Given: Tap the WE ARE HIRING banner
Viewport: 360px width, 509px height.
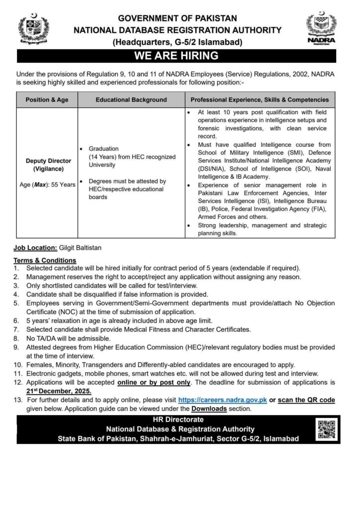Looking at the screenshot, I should (x=180, y=56).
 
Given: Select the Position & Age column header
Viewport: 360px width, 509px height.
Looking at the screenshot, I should (x=47, y=99).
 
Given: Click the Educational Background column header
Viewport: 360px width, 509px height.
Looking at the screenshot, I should (x=131, y=99).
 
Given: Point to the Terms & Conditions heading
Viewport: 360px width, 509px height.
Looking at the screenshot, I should (x=45, y=260).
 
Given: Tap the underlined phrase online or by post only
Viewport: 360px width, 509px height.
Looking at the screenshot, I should (x=154, y=383).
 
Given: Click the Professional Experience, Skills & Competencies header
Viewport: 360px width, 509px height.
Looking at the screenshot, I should (x=260, y=99).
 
